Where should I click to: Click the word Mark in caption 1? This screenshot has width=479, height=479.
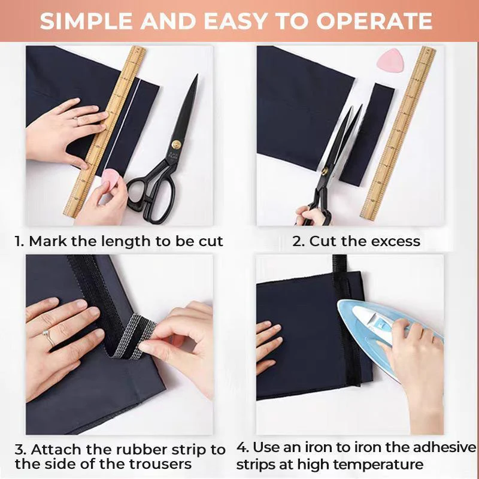(x=47, y=241)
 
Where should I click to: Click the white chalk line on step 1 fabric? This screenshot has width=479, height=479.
(x=131, y=120)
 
